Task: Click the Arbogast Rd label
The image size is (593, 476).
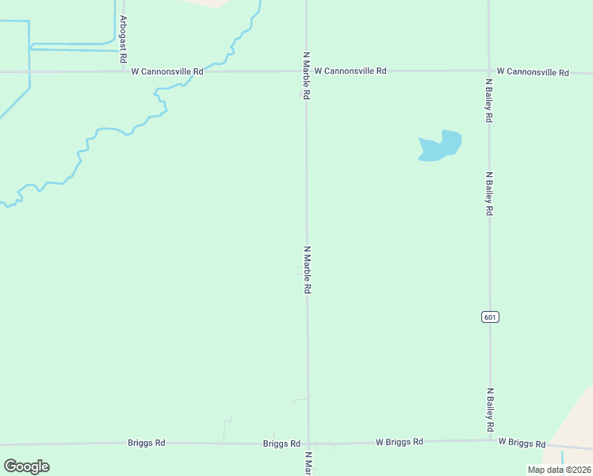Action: coord(124,33)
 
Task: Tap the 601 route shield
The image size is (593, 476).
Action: coord(490,317)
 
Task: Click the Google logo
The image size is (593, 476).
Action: coord(26,466)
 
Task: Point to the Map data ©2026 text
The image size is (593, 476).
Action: coord(559,470)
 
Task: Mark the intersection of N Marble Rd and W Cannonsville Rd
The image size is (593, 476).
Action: coord(307,71)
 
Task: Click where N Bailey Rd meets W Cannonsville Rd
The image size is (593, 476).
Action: coord(488,71)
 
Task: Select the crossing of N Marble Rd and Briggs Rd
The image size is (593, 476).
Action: coord(308,443)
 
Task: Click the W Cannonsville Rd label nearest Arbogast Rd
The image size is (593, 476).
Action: coord(167,71)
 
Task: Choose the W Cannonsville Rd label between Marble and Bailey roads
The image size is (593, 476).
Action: coord(350,71)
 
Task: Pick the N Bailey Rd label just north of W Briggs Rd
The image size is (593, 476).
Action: coord(492,410)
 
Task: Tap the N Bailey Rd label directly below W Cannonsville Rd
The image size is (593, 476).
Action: coord(489,100)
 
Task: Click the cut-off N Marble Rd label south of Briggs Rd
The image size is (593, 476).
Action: coord(308,463)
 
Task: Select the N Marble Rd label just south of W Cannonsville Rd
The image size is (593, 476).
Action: coord(306,76)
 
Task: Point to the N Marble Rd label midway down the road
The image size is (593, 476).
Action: coord(307,271)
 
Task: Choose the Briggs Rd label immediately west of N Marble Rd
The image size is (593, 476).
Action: coord(281,443)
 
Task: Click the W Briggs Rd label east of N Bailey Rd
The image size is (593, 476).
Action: coord(522,443)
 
